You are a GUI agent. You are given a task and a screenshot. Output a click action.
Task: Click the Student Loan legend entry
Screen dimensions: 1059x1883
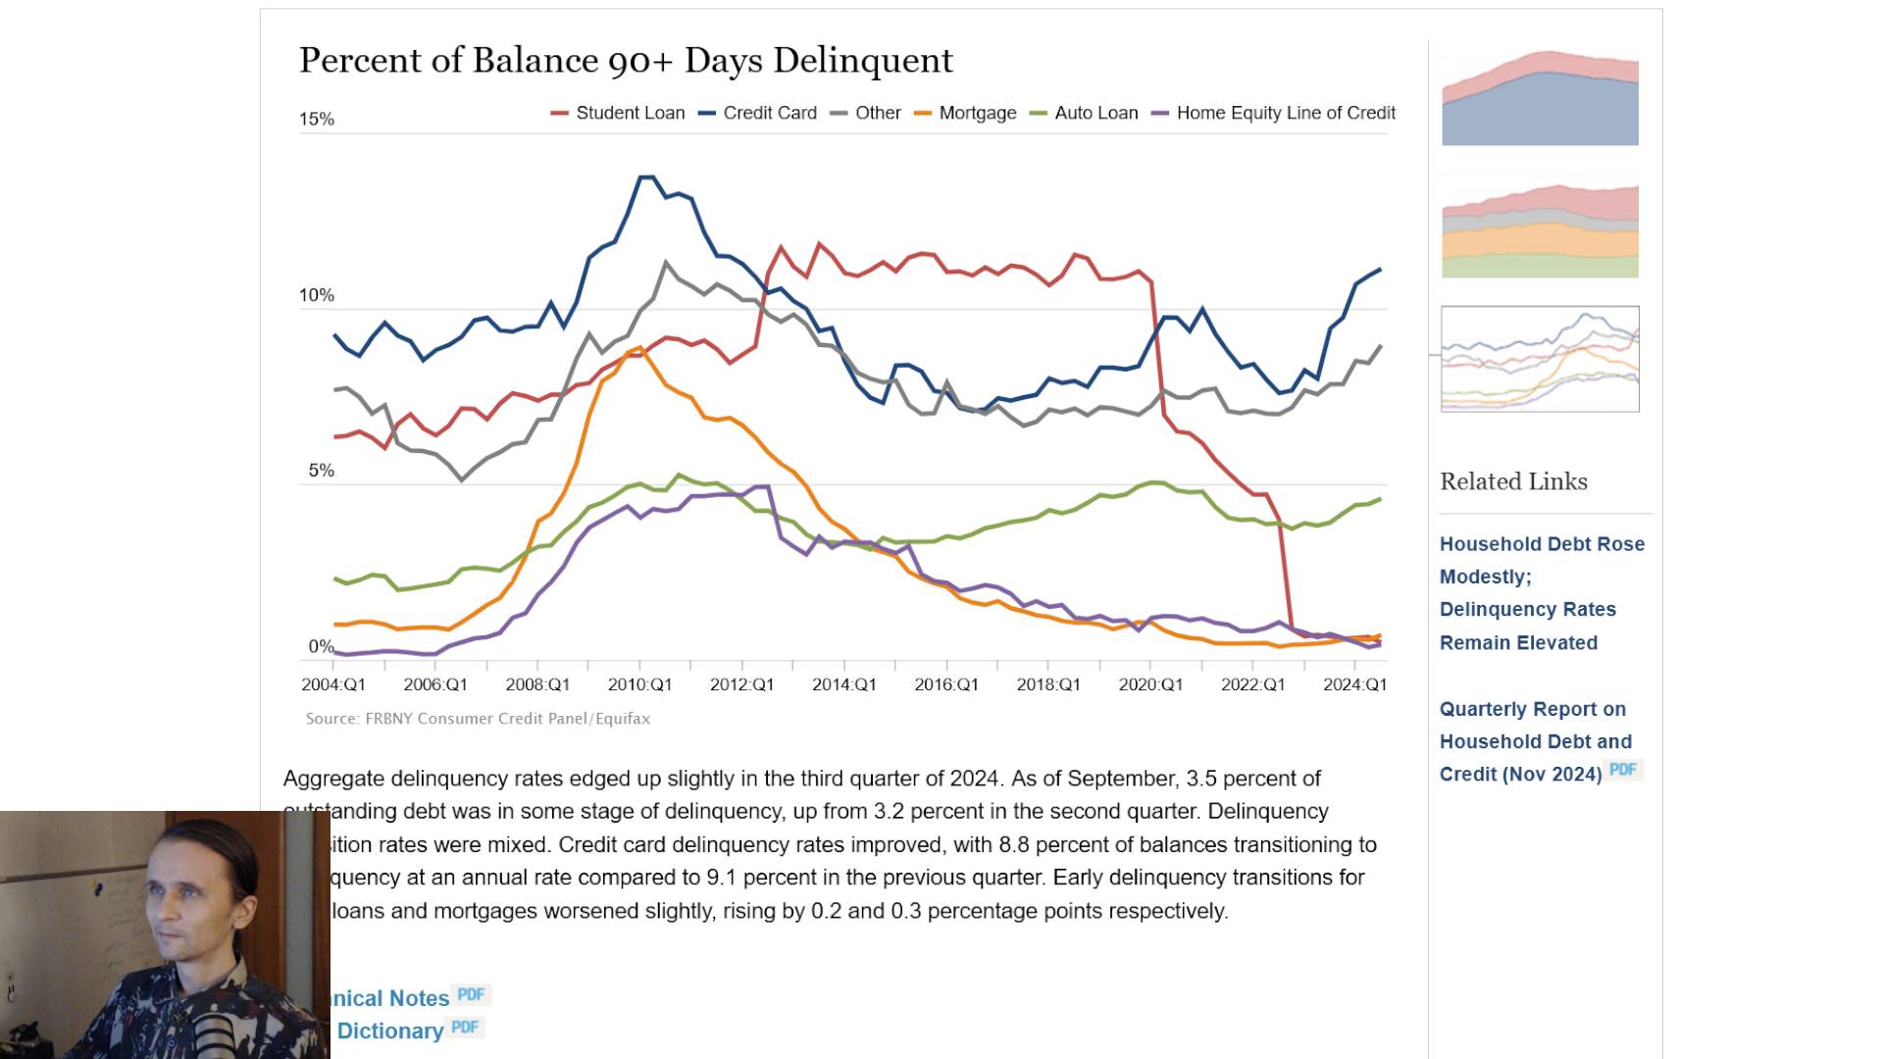point(630,113)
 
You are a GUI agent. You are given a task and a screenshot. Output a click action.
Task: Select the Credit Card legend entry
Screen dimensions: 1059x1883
point(769,113)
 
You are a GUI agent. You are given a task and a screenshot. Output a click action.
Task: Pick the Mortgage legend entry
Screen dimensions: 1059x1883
point(977,113)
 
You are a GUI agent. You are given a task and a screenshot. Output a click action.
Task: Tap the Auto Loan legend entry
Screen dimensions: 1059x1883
point(1095,113)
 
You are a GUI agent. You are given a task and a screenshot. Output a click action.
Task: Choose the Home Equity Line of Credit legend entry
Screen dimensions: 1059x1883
point(1285,113)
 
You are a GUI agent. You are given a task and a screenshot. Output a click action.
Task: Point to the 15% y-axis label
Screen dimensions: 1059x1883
point(317,120)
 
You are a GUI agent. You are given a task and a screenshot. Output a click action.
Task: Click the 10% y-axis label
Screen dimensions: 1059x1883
point(317,295)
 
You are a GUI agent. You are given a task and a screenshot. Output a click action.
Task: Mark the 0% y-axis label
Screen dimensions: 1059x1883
point(321,646)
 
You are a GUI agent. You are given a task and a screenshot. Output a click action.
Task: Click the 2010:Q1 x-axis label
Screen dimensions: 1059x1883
point(639,684)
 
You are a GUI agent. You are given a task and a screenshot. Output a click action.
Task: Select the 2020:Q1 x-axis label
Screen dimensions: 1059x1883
point(1150,684)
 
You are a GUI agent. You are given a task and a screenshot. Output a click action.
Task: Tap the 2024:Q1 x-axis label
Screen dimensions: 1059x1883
point(1354,684)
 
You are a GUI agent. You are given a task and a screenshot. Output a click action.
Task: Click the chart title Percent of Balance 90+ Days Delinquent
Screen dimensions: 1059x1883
point(626,60)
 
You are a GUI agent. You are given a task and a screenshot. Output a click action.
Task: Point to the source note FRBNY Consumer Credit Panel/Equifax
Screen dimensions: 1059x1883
point(478,719)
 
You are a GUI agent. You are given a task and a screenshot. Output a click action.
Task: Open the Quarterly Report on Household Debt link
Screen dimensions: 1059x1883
point(1534,741)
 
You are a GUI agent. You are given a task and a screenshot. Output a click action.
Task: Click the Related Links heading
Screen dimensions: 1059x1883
point(1513,481)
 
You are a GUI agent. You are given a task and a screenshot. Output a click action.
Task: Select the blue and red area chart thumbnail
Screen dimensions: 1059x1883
point(1540,98)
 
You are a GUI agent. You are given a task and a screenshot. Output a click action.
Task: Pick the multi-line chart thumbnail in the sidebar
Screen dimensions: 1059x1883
point(1540,359)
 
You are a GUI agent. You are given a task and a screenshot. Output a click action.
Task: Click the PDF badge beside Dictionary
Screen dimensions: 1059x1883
point(465,1027)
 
